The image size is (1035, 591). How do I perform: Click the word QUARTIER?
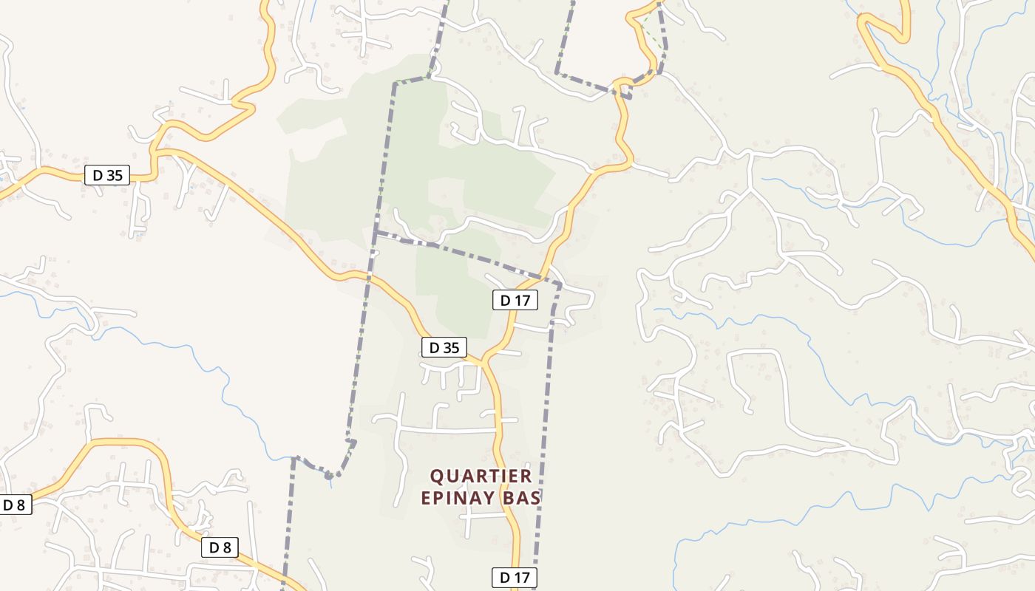481,476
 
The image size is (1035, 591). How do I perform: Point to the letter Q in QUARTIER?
438,476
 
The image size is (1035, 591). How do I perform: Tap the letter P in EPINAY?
439,498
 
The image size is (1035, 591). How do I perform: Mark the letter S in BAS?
536,498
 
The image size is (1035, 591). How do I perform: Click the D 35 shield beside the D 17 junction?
444,347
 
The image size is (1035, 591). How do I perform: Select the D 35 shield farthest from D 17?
107,176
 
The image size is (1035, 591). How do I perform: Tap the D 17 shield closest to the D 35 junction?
515,300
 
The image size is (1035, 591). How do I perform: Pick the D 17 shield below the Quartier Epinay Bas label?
515,578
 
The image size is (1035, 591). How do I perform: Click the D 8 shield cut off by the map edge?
15,505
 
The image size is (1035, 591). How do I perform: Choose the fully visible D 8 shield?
220,547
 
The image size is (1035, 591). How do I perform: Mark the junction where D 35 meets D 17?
483,363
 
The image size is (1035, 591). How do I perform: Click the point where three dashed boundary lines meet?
376,233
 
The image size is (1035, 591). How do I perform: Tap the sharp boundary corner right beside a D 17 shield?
560,284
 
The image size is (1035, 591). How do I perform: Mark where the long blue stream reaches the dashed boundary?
293,457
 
